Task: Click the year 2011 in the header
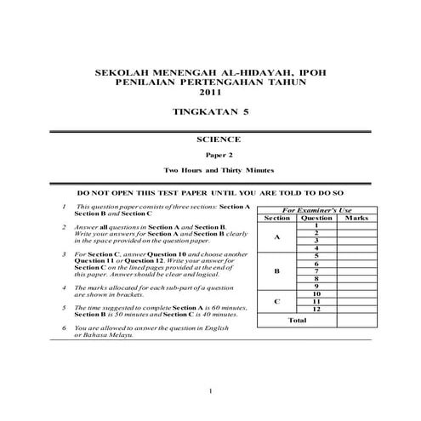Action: (x=209, y=92)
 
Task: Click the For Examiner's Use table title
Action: (x=316, y=209)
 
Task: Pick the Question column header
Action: (x=316, y=218)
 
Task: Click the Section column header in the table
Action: (x=277, y=218)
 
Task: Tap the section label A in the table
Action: (x=277, y=237)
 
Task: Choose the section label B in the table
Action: (x=277, y=271)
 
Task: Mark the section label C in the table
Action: (x=277, y=301)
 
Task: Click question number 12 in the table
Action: (x=316, y=309)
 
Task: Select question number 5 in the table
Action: (x=316, y=256)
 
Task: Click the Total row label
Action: (x=297, y=321)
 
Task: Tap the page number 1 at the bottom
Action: (x=210, y=391)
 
